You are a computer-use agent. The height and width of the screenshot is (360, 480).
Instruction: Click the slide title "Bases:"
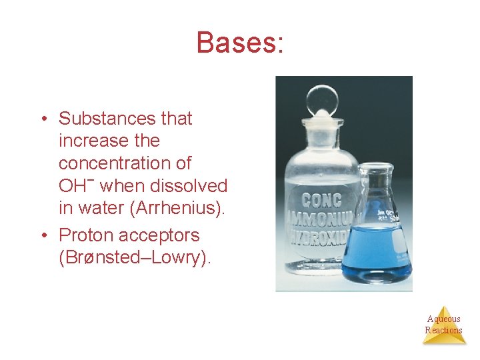click(240, 43)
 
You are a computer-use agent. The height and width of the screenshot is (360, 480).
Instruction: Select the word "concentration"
click(125, 163)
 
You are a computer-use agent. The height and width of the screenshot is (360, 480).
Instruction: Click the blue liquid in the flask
click(377, 253)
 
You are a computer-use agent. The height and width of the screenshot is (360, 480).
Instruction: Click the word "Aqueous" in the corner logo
click(443, 319)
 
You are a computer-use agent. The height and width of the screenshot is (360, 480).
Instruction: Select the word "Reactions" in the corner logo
click(443, 330)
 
